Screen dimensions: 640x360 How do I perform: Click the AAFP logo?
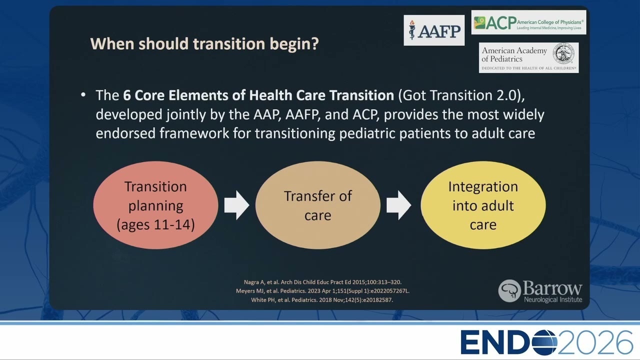(434, 30)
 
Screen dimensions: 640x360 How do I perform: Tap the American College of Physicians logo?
(528, 22)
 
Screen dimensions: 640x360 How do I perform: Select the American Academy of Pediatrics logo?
(529, 57)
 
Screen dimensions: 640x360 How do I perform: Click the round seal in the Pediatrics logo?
(563, 53)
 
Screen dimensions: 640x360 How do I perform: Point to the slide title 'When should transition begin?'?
(204, 43)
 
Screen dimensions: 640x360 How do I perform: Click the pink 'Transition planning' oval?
(155, 205)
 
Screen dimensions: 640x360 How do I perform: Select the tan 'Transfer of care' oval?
(317, 205)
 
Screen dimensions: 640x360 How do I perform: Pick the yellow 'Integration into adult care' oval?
(483, 205)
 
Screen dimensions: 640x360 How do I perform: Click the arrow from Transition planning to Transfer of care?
(236, 205)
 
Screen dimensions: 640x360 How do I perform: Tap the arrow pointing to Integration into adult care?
(399, 205)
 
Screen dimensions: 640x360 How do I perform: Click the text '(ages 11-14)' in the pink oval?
(155, 224)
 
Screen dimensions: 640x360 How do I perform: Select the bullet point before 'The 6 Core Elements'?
(83, 94)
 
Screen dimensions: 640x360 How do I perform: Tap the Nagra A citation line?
(322, 282)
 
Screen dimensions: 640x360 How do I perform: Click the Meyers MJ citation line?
(322, 291)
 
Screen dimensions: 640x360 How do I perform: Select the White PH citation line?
(322, 300)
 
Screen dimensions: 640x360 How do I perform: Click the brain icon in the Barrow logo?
(509, 291)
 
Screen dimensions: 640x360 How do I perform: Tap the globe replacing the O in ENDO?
(544, 342)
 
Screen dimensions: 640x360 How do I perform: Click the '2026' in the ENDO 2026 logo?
(595, 342)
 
